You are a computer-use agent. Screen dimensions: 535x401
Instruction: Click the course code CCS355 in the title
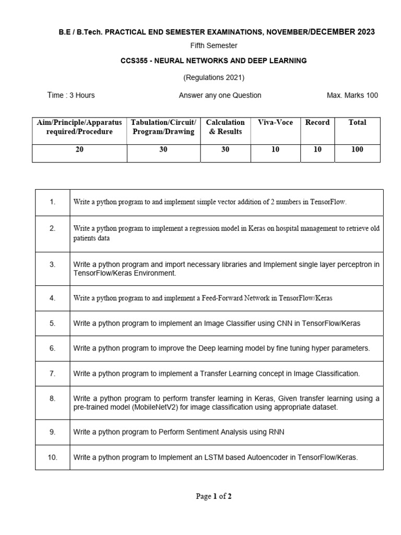[x=133, y=61]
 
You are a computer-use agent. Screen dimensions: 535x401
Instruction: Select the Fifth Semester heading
[x=214, y=46]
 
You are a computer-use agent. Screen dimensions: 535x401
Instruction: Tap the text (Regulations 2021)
[x=214, y=77]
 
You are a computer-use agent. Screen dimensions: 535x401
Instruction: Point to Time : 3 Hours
[x=71, y=95]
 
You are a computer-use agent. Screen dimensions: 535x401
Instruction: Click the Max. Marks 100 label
[x=352, y=95]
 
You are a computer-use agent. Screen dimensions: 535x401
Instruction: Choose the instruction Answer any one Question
[x=220, y=95]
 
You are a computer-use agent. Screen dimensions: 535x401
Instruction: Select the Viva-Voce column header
[x=275, y=122]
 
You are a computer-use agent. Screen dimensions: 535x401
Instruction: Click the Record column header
[x=317, y=122]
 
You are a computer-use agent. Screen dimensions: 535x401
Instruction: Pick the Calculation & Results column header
[x=225, y=127]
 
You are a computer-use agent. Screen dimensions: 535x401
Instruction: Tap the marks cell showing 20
[x=79, y=149]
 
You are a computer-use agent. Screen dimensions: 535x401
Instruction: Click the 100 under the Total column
[x=358, y=149]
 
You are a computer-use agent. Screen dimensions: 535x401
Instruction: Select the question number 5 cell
[x=52, y=323]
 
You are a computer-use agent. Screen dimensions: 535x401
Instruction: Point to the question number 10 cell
[x=52, y=457]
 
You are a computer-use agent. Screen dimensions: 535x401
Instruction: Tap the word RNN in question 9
[x=276, y=432]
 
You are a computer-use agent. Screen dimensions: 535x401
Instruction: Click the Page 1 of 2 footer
[x=214, y=496]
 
